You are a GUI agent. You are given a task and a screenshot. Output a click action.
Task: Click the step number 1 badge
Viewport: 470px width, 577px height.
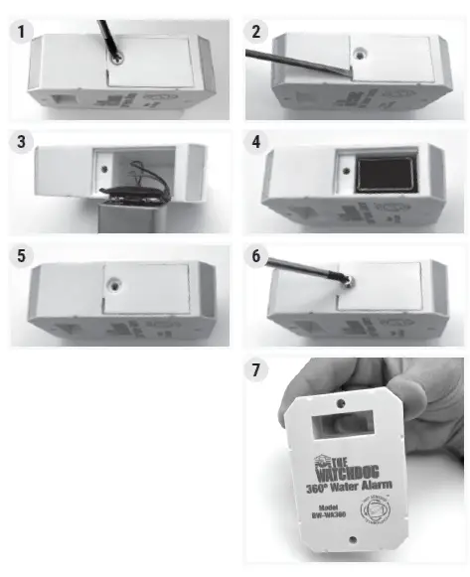[21, 32]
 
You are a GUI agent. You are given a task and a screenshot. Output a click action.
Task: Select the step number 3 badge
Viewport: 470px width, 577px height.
[21, 142]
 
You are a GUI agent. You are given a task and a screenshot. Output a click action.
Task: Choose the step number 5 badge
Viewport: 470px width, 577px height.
[21, 256]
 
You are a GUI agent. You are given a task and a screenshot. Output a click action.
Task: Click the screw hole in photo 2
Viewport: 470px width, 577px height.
[355, 47]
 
